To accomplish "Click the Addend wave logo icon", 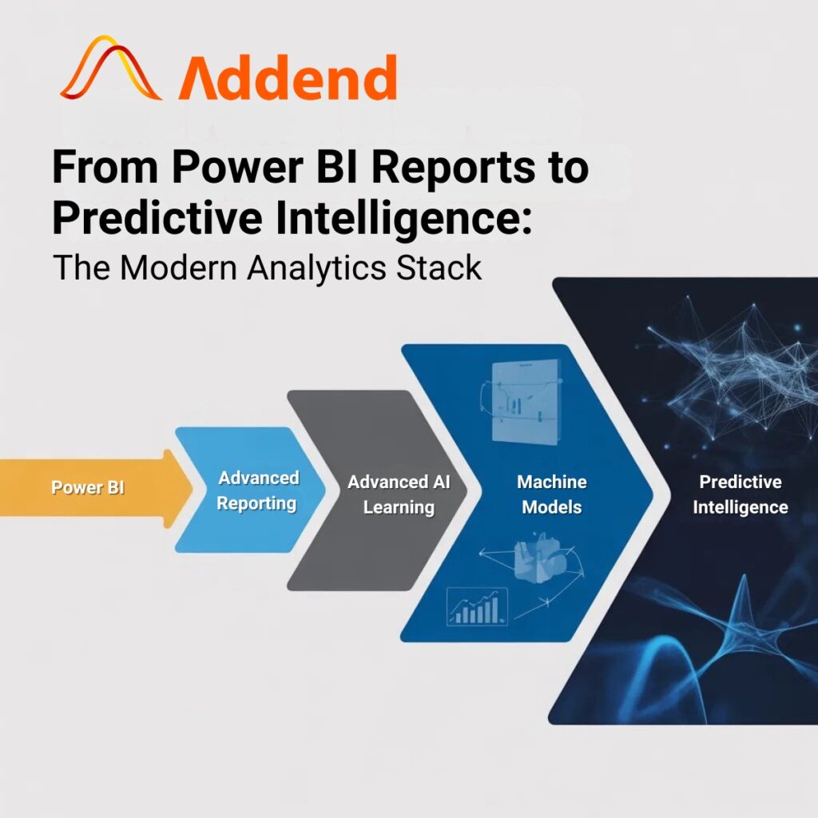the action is pyautogui.click(x=110, y=68).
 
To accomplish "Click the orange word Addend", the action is pyautogui.click(x=288, y=77).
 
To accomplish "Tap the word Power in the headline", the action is pyautogui.click(x=237, y=167).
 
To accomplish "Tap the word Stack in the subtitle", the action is pyautogui.click(x=439, y=268).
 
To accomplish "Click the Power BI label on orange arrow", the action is pyautogui.click(x=88, y=487).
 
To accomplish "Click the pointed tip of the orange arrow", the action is pyautogui.click(x=193, y=489).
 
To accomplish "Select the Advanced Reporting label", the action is pyautogui.click(x=257, y=490).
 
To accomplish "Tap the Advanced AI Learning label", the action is pyautogui.click(x=399, y=494).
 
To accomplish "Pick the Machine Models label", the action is pyautogui.click(x=552, y=494).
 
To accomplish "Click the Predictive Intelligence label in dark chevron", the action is pyautogui.click(x=741, y=494).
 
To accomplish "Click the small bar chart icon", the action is pyautogui.click(x=478, y=606).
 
